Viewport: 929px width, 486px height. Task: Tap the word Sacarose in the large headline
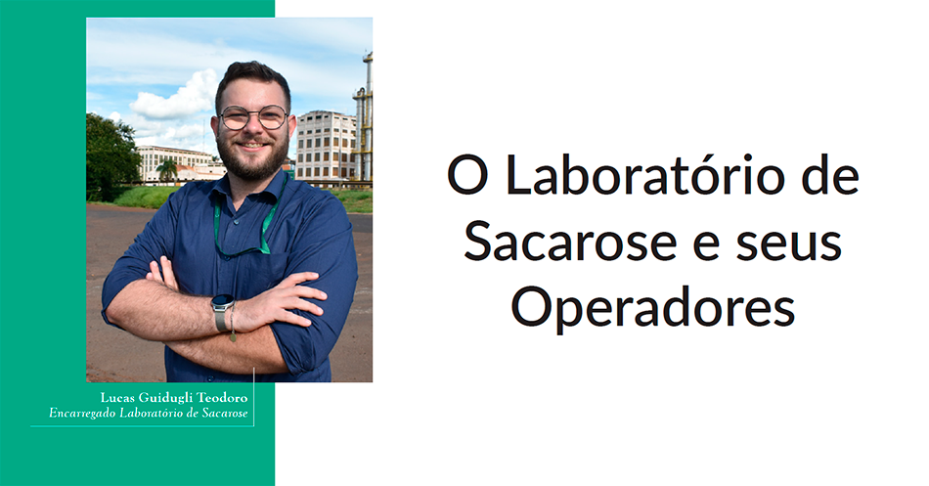570,242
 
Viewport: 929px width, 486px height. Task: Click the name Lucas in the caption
116,397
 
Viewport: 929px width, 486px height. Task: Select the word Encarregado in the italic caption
82,413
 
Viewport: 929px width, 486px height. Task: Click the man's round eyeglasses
253,117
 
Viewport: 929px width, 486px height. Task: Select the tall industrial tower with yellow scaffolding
363,117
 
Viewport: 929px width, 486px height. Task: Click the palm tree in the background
166,169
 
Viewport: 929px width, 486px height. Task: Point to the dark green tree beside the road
111,157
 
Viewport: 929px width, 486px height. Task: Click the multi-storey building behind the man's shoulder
326,145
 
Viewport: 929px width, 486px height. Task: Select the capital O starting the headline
467,175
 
